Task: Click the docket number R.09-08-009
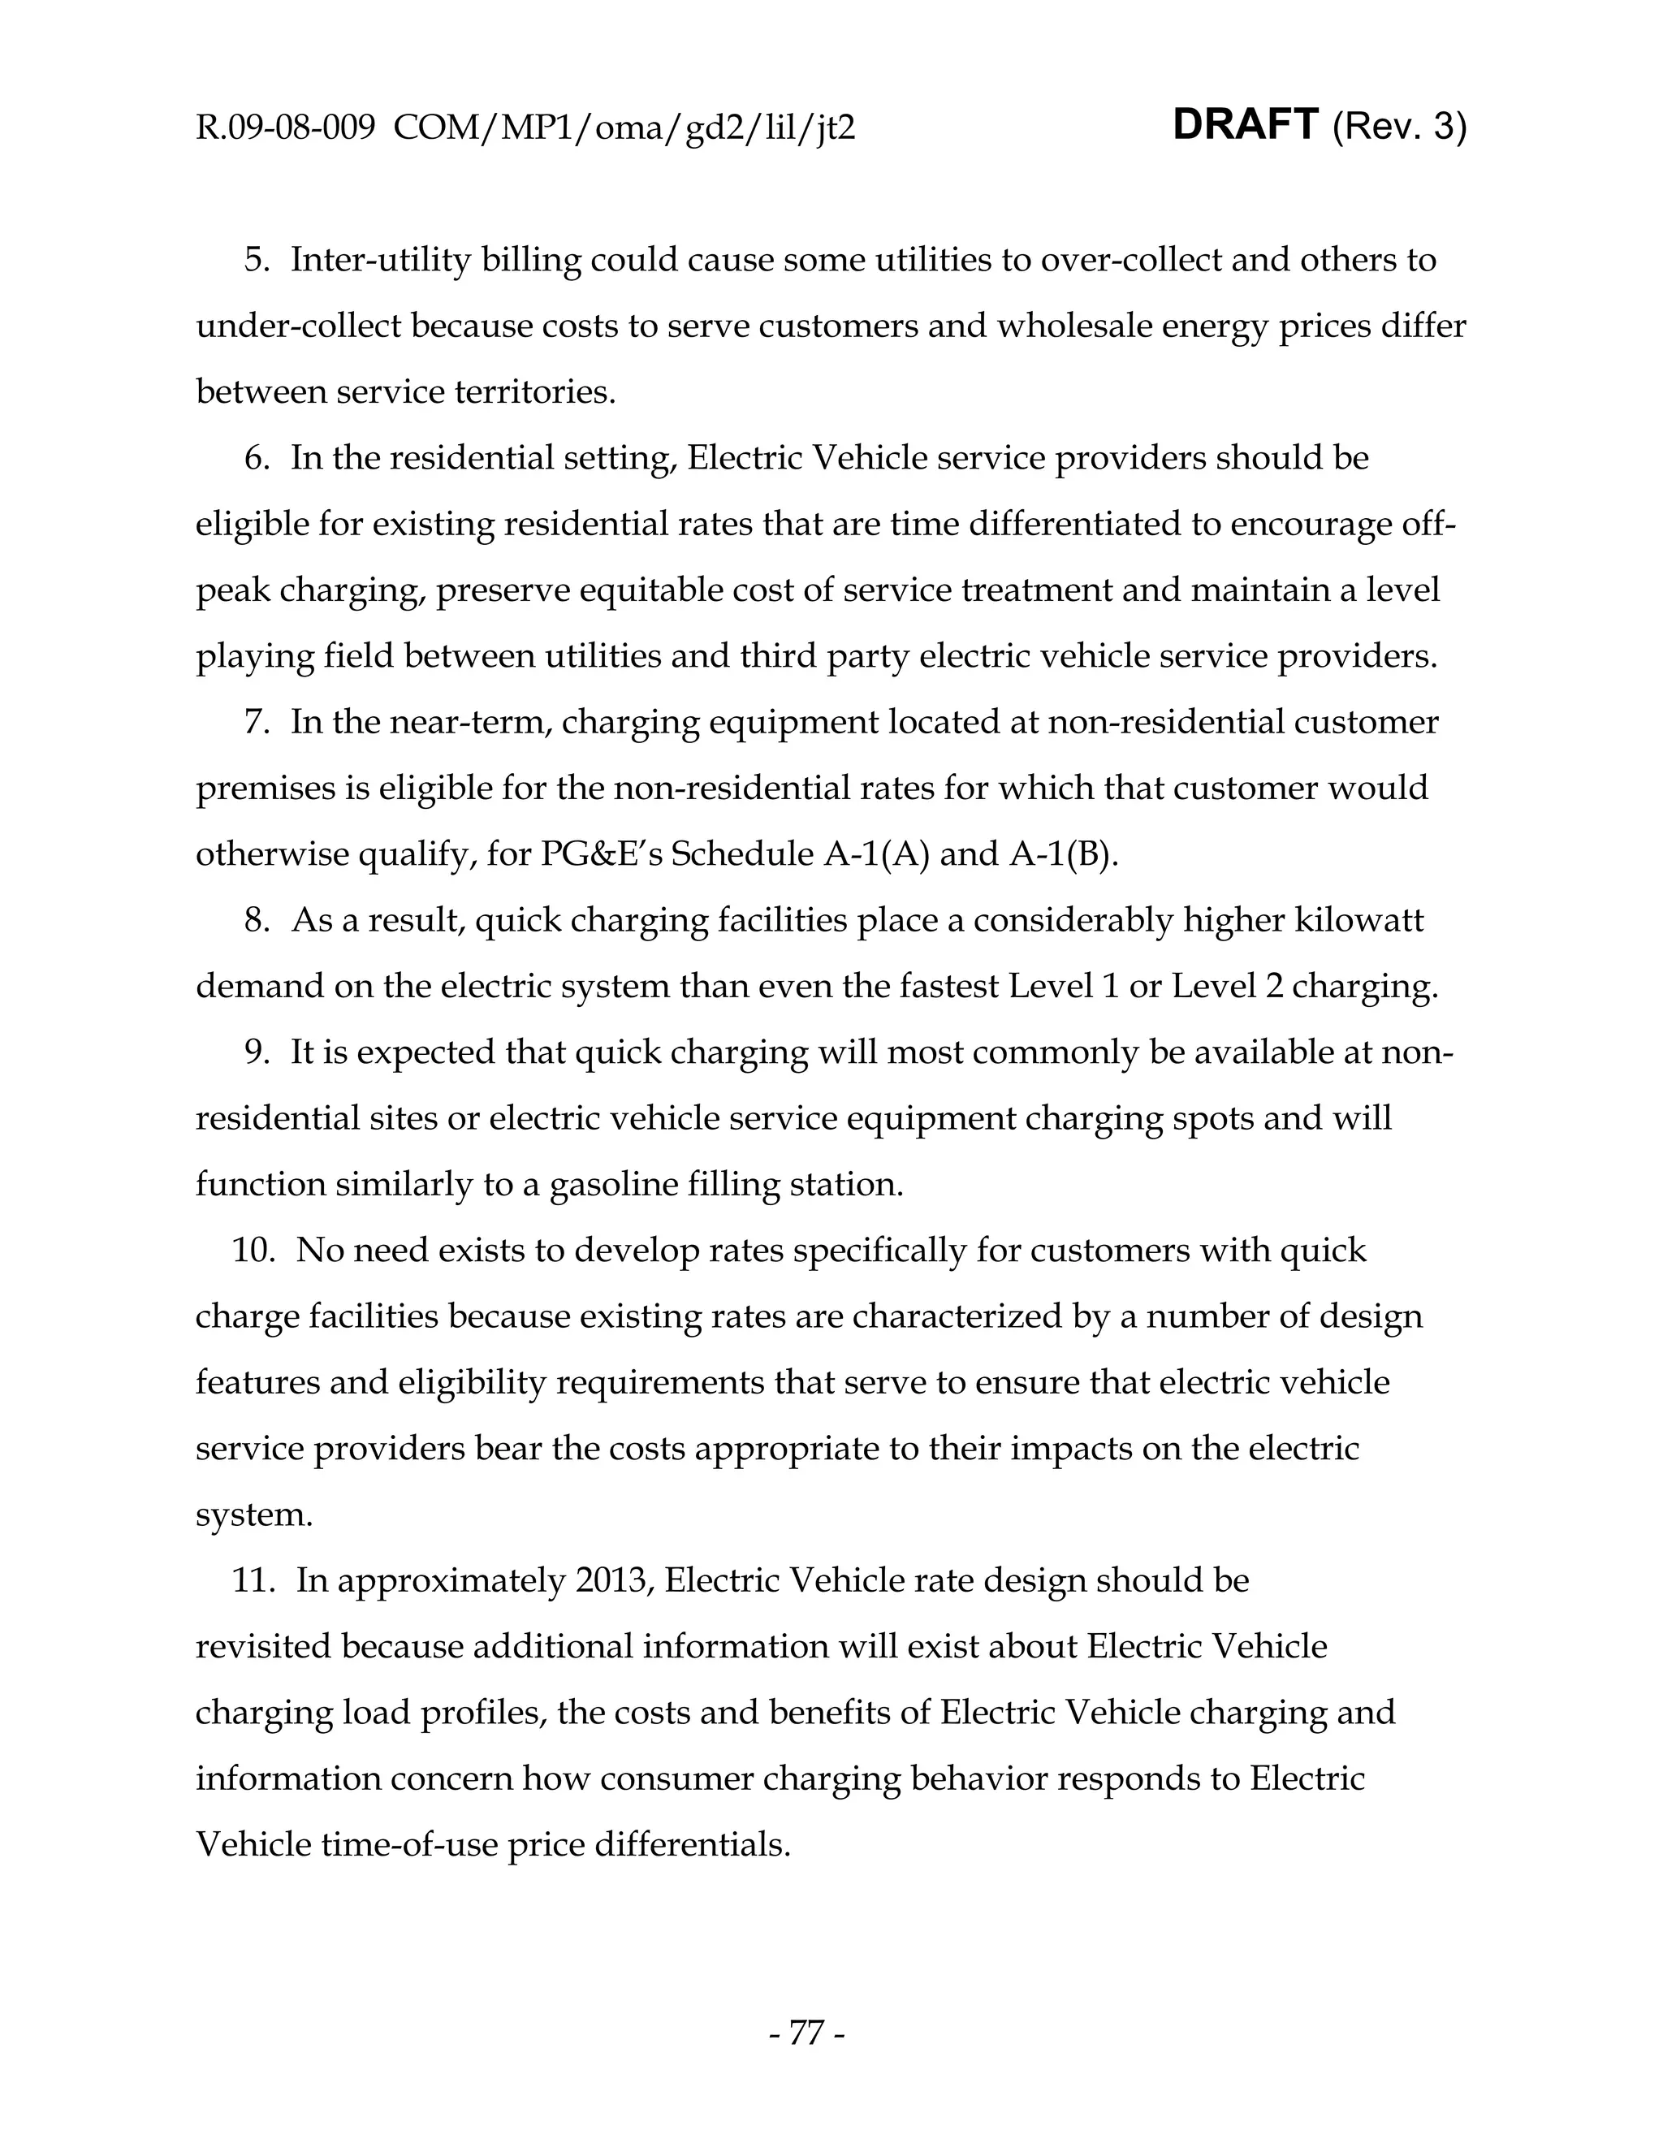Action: pos(286,128)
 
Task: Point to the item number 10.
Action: pos(253,1251)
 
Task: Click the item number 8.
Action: pos(257,920)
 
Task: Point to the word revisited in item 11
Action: pos(263,1647)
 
